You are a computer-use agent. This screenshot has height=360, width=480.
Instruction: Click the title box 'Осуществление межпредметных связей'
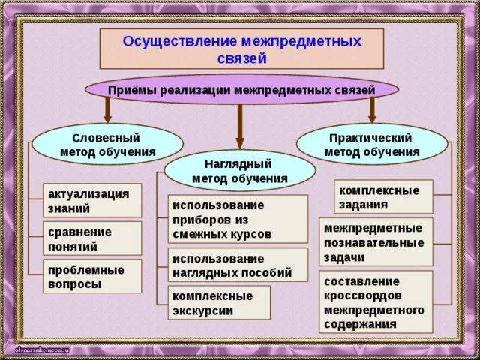point(241,48)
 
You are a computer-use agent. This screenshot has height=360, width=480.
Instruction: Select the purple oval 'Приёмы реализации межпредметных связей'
point(241,90)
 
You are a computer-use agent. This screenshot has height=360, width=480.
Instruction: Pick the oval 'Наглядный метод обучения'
point(240,170)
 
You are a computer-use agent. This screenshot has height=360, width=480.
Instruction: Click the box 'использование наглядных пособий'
point(238,265)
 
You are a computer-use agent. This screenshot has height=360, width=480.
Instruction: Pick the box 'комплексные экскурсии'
point(218,302)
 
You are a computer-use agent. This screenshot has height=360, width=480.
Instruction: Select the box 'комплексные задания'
point(382,196)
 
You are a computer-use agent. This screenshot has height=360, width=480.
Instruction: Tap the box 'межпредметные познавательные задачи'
point(376,241)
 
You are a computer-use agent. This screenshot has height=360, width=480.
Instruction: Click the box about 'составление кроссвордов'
point(376,301)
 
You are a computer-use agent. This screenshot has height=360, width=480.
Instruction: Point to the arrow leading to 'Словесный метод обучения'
point(108,112)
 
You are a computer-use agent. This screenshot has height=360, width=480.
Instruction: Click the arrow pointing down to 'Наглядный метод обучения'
point(240,127)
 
